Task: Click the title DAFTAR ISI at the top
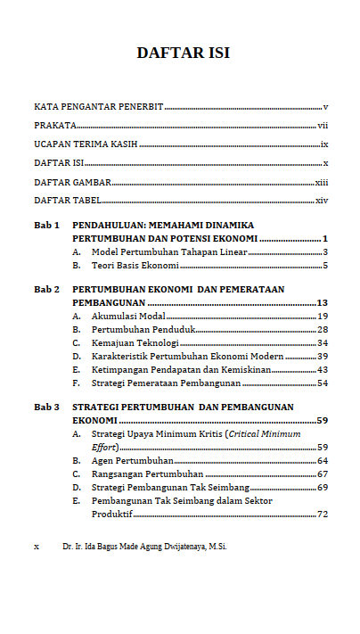click(x=183, y=53)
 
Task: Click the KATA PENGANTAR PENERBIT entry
click(x=98, y=107)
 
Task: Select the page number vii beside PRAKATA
click(x=323, y=126)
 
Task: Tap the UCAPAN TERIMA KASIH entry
click(x=86, y=144)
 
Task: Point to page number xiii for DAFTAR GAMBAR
click(x=322, y=182)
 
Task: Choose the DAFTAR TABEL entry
click(x=68, y=201)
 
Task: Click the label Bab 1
click(x=46, y=226)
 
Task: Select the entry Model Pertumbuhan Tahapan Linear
click(x=157, y=252)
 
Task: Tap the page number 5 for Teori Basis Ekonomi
click(x=326, y=266)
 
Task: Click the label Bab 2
click(x=46, y=290)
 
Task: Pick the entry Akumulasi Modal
click(x=128, y=317)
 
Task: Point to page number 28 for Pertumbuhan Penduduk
click(x=323, y=330)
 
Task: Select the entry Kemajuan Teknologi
click(x=135, y=343)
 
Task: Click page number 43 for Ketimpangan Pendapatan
click(x=323, y=369)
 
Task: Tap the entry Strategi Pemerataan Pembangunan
click(x=166, y=383)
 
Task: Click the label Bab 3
click(x=46, y=408)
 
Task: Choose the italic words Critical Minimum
click(x=265, y=434)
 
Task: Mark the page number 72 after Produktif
click(x=323, y=515)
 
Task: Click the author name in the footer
click(x=145, y=546)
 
